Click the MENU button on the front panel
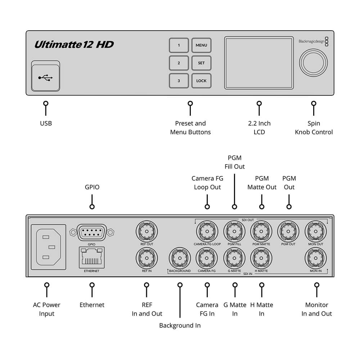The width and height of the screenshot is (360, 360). tap(201, 45)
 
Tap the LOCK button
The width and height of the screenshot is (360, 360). tap(201, 81)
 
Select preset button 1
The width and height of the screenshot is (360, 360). tap(179, 45)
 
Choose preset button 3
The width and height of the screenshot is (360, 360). tap(179, 81)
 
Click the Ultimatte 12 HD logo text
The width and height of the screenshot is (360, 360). tap(74, 45)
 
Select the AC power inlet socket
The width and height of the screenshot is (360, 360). tap(48, 247)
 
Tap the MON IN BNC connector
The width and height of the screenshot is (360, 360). tap(315, 258)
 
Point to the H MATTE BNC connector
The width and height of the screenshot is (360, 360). tap(261, 258)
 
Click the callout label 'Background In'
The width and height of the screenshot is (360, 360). tap(180, 325)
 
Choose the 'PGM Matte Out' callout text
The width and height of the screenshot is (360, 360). tap(262, 183)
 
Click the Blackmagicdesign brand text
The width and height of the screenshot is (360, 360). tap(311, 41)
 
